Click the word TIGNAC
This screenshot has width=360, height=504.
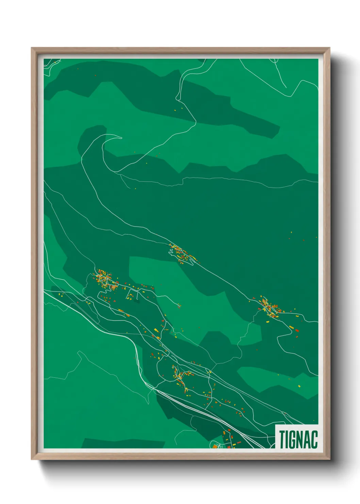pos(298,439)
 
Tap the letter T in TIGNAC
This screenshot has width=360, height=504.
pos(282,439)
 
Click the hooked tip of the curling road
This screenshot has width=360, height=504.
pos(121,138)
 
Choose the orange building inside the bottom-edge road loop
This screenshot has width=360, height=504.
pos(215,446)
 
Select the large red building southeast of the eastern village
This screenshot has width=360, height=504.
pos(297,330)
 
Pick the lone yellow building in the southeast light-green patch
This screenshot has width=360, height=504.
pos(299,386)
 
